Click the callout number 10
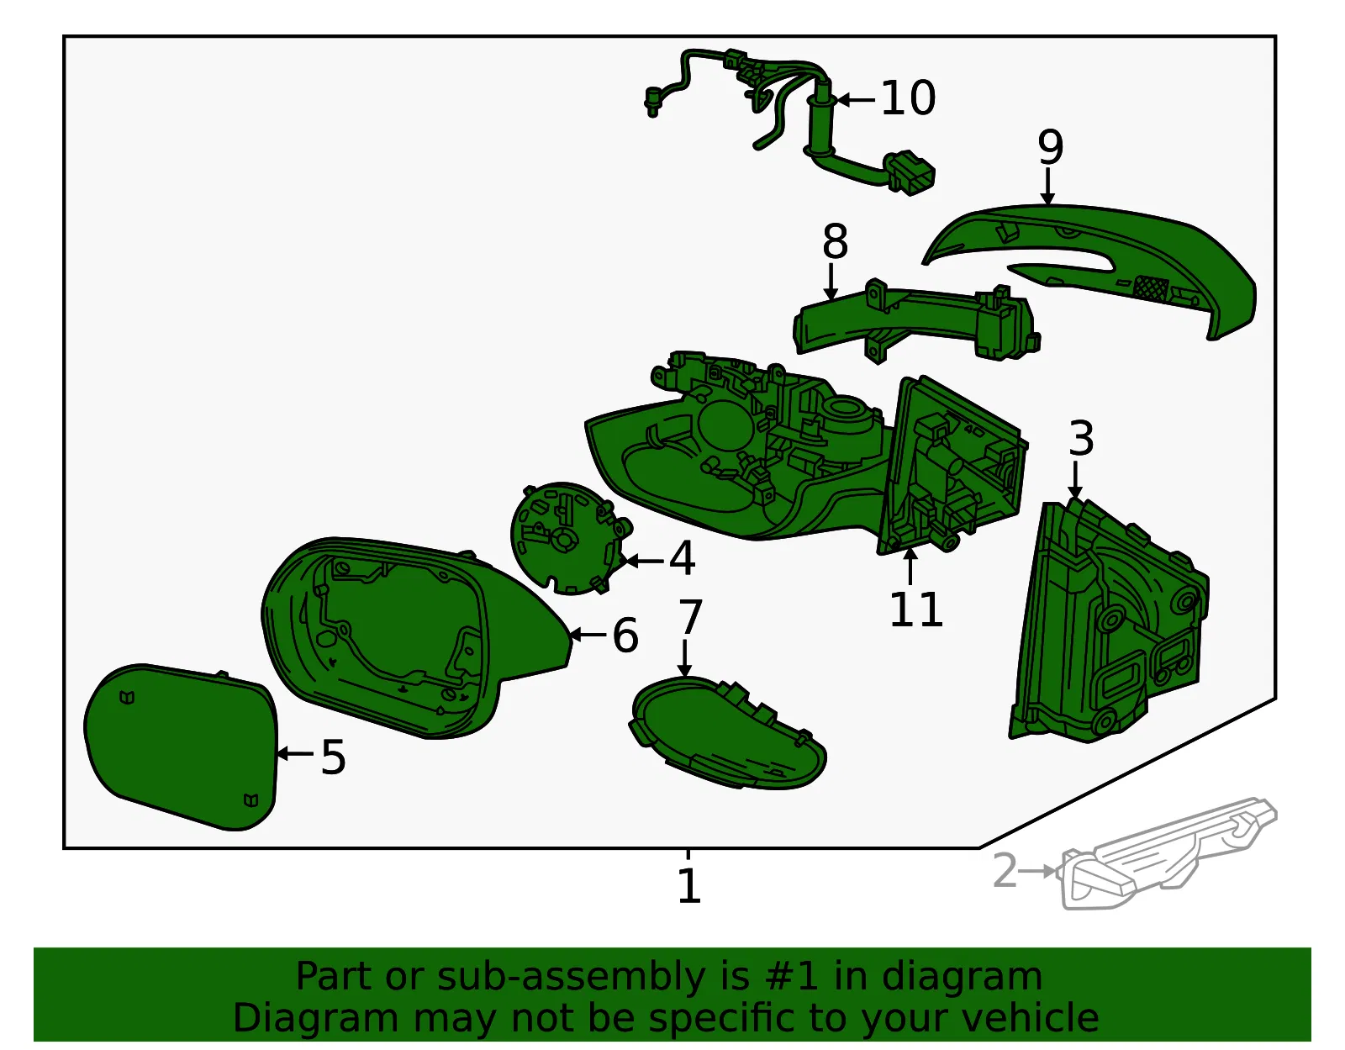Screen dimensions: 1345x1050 907,98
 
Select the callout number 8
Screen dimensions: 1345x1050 835,241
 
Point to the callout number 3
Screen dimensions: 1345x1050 1081,439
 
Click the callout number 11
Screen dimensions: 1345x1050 916,609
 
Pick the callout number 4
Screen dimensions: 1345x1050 682,558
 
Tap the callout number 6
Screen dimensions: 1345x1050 625,636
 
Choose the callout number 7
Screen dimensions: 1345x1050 691,617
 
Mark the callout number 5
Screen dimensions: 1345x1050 333,757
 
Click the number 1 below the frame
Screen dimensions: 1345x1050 689,886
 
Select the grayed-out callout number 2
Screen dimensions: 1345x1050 1005,871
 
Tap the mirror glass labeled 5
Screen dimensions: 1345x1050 181,747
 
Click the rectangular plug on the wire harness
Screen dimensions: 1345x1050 910,172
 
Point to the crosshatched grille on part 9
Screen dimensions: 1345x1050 1151,288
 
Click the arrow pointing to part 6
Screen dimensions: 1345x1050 587,635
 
